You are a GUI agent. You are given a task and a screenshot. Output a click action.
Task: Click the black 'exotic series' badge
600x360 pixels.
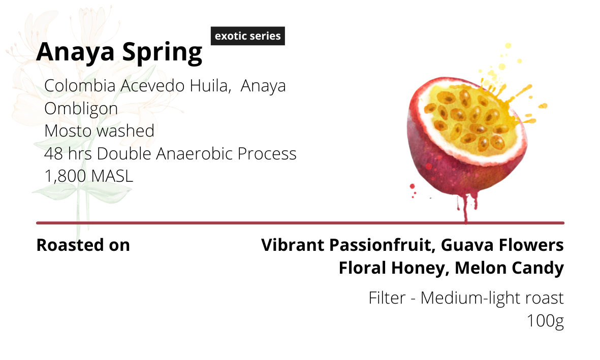(247, 36)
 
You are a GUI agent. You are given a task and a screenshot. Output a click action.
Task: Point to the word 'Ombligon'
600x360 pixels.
(81, 109)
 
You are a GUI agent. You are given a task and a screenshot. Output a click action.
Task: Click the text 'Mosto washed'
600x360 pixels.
(99, 131)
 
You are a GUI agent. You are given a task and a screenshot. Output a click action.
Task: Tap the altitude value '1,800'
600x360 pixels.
(66, 176)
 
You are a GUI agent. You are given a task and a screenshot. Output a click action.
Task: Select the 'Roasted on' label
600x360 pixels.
(83, 245)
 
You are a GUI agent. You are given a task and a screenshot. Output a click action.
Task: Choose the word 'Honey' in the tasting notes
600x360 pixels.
(420, 268)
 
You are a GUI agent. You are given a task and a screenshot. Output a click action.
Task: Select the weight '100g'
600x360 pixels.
(545, 321)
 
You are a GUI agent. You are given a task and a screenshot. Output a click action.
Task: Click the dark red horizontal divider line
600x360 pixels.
(300, 223)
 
